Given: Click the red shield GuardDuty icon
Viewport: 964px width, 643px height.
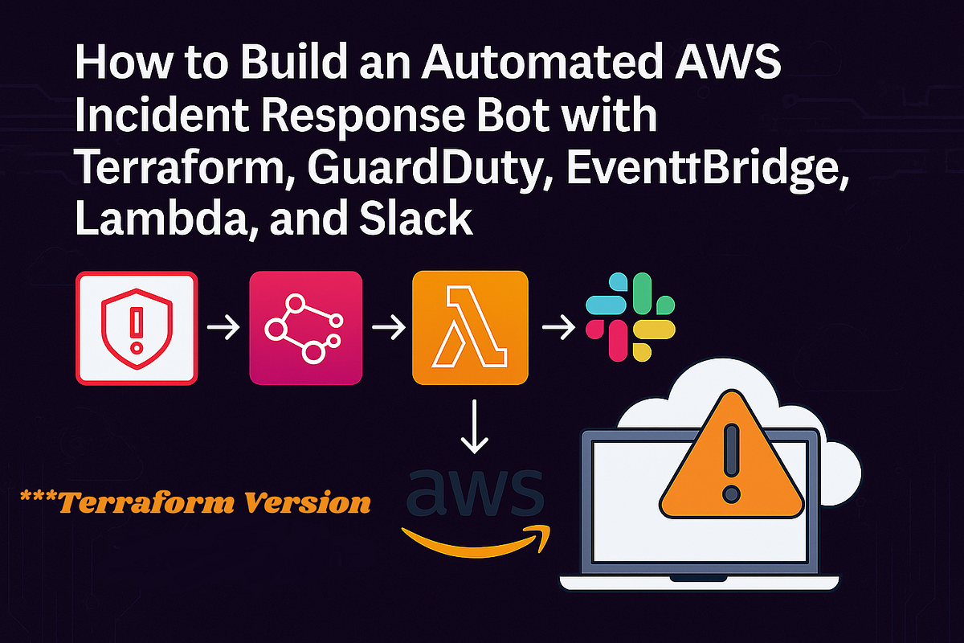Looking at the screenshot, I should [x=136, y=328].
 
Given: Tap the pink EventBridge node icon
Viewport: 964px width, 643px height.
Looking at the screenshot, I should [x=305, y=328].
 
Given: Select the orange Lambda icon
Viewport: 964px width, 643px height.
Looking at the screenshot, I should [x=470, y=328].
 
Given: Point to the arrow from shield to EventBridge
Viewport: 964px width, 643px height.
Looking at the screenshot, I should [x=223, y=328].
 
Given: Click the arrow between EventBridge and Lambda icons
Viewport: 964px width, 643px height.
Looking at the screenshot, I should [x=387, y=328].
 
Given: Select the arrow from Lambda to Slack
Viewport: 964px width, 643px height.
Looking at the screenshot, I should [x=557, y=328].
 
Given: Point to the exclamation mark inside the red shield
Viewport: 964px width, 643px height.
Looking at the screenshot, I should [x=136, y=326].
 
